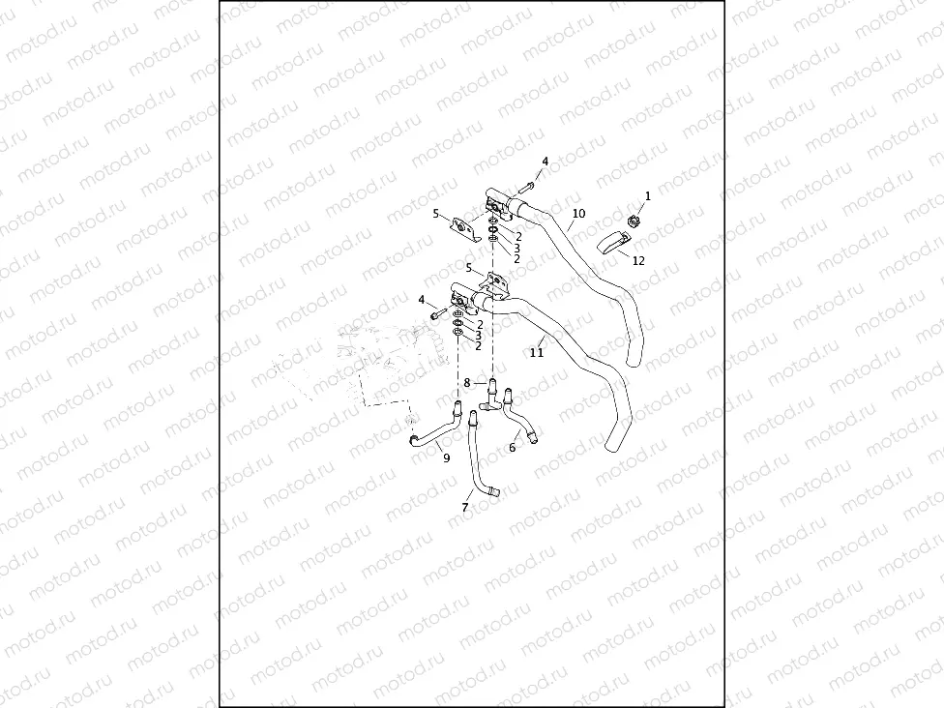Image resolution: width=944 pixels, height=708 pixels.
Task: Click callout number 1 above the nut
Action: [647, 195]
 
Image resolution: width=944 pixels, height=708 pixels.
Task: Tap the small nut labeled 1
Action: [633, 221]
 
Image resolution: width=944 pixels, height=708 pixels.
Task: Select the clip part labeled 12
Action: [612, 243]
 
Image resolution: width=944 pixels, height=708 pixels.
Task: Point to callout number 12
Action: [637, 260]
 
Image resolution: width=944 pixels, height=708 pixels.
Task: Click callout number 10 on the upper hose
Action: [578, 213]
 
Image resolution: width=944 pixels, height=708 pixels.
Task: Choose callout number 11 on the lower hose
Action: [537, 353]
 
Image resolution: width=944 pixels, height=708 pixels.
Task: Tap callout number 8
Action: [466, 383]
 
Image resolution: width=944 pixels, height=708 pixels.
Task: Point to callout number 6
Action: [512, 448]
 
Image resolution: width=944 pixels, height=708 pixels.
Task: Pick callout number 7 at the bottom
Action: [465, 507]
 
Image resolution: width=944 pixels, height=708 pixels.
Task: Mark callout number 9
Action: [446, 458]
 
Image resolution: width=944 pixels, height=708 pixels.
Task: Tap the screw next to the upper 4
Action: [529, 184]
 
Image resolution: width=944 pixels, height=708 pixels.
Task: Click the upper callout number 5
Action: [435, 213]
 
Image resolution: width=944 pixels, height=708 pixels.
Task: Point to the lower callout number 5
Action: [468, 268]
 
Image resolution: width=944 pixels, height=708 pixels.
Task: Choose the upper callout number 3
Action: [517, 248]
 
